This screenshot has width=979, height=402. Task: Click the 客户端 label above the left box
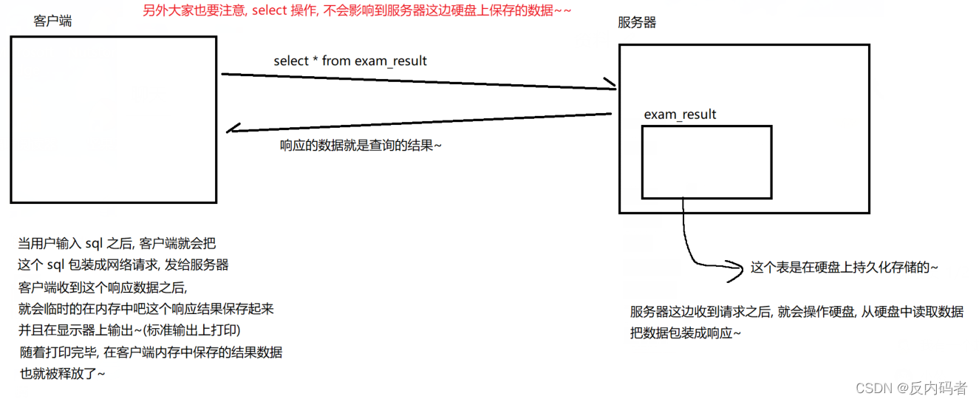(x=52, y=21)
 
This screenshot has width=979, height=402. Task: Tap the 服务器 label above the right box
(x=636, y=22)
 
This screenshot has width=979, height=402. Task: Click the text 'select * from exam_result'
(x=349, y=61)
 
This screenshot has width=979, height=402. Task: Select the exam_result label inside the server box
(x=680, y=114)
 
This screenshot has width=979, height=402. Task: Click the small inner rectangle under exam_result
(x=706, y=162)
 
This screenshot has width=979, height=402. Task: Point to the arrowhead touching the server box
(x=610, y=84)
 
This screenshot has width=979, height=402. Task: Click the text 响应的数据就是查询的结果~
(x=361, y=146)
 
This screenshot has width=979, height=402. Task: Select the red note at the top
(x=356, y=10)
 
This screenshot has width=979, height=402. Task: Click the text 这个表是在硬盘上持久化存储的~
(x=844, y=268)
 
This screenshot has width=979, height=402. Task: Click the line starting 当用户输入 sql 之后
(x=117, y=243)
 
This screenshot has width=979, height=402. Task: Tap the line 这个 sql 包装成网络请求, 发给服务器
(x=123, y=265)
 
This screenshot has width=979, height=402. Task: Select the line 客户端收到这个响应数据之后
(x=107, y=287)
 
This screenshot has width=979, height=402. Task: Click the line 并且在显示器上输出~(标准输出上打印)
(x=129, y=330)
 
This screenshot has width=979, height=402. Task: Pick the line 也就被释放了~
(x=62, y=373)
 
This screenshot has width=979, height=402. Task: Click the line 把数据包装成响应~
(x=685, y=333)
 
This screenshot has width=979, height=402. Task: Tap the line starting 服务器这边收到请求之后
(x=796, y=312)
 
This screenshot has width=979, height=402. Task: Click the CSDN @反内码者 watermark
(x=910, y=388)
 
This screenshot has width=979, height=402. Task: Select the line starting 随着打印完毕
(x=151, y=352)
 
